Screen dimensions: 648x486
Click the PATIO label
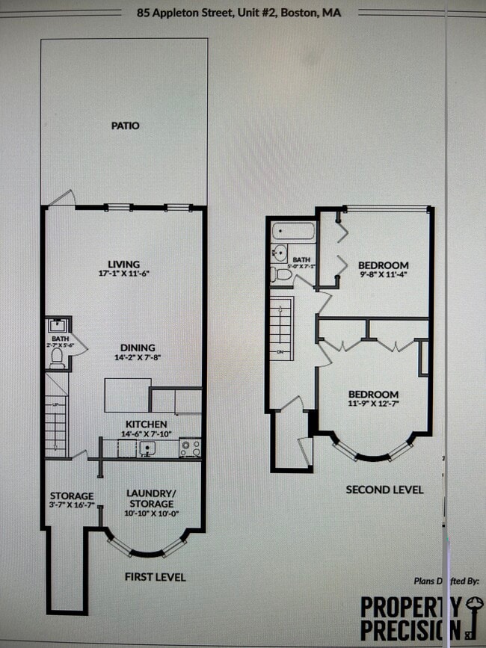pyautogui.click(x=125, y=126)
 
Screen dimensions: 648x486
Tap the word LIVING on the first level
pyautogui.click(x=124, y=264)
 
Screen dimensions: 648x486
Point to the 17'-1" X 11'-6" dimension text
pyautogui.click(x=124, y=274)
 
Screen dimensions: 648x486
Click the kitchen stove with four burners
pyautogui.click(x=190, y=448)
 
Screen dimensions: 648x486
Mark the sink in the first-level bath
pyautogui.click(x=57, y=326)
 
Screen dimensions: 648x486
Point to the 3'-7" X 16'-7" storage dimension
pyautogui.click(x=72, y=506)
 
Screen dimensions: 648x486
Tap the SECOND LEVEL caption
pyautogui.click(x=384, y=490)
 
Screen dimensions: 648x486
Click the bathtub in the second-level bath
pyautogui.click(x=293, y=230)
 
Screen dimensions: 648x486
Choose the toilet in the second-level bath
pyautogui.click(x=283, y=274)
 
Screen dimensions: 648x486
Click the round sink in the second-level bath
pyautogui.click(x=278, y=252)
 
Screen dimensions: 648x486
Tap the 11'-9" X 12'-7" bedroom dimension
pyautogui.click(x=372, y=404)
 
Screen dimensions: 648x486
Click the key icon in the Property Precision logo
pyautogui.click(x=474, y=607)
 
